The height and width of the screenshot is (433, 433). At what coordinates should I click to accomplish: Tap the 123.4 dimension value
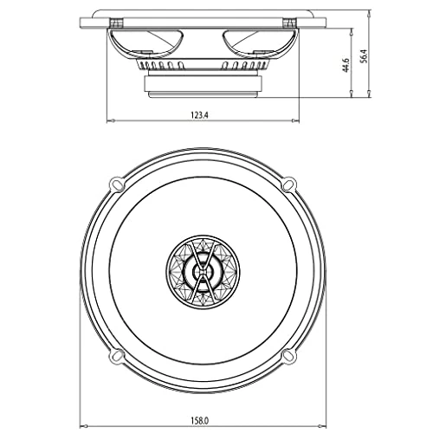coord(199,115)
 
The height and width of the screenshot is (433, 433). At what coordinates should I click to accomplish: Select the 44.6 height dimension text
coord(346,66)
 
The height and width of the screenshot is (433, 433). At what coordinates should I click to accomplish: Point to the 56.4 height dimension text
coord(364,56)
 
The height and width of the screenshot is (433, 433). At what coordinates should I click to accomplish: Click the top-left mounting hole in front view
coord(117,184)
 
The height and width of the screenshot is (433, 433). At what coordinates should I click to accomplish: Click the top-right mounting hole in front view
coord(288,184)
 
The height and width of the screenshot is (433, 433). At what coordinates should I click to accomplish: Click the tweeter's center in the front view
coord(203,272)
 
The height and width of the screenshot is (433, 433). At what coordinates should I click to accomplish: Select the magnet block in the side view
coord(203,84)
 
